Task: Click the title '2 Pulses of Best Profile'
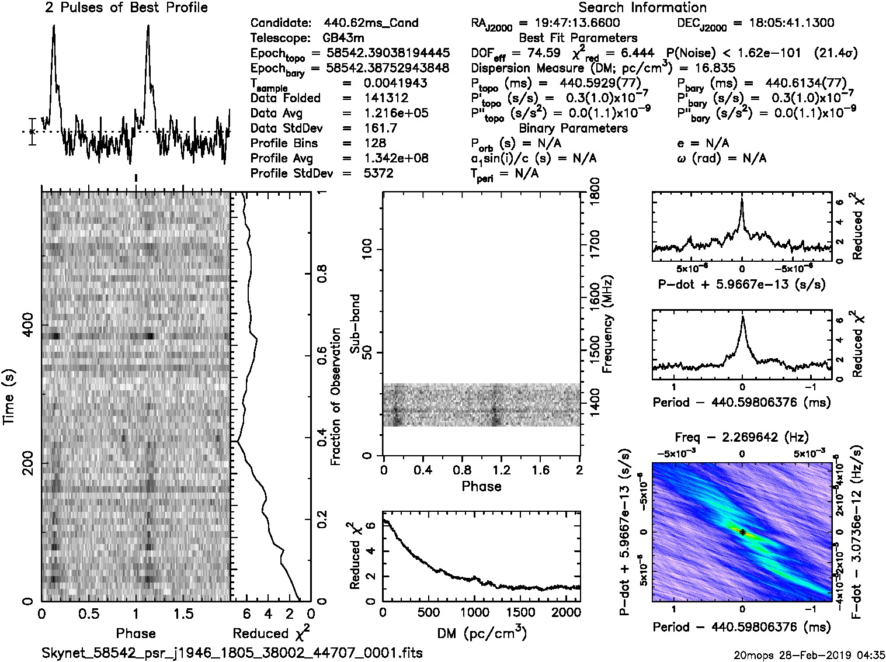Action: [126, 8]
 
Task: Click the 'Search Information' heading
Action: [642, 8]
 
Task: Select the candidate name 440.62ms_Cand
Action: [371, 23]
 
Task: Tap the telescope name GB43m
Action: [343, 38]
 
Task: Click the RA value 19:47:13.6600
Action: [569, 23]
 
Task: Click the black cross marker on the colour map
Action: [742, 532]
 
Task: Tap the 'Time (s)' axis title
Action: [9, 397]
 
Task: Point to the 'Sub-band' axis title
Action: [355, 324]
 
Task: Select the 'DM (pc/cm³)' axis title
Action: [481, 633]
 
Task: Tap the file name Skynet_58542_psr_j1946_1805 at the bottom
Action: [232, 653]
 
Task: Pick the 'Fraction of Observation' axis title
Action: [336, 397]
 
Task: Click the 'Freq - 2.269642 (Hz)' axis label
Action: [742, 437]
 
